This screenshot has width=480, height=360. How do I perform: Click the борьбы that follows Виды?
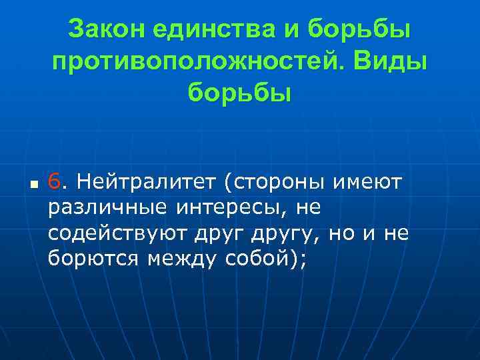pyautogui.click(x=239, y=93)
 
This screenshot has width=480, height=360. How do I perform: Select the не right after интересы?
pyautogui.click(x=309, y=207)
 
